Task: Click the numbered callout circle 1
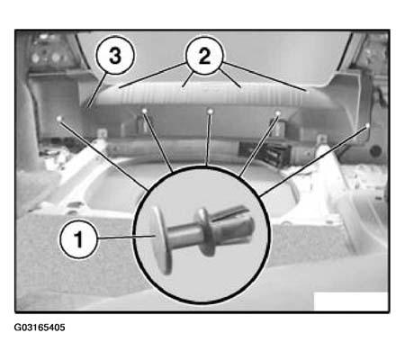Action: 79,239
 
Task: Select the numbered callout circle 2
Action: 204,56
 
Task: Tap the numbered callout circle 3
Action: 115,55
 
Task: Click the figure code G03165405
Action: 40,328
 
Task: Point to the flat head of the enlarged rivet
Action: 162,240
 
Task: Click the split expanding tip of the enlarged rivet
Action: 236,223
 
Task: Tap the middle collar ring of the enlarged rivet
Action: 206,231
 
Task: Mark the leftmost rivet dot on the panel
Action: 59,119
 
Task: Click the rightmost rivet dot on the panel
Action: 367,125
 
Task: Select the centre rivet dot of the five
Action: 211,112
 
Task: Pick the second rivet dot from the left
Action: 145,111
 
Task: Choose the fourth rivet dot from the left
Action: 278,113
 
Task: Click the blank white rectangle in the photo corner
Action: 351,301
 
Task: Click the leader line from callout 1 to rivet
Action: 126,238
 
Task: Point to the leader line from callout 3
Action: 97,90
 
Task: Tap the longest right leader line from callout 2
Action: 265,76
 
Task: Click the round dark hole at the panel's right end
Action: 375,151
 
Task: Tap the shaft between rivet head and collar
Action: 183,233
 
